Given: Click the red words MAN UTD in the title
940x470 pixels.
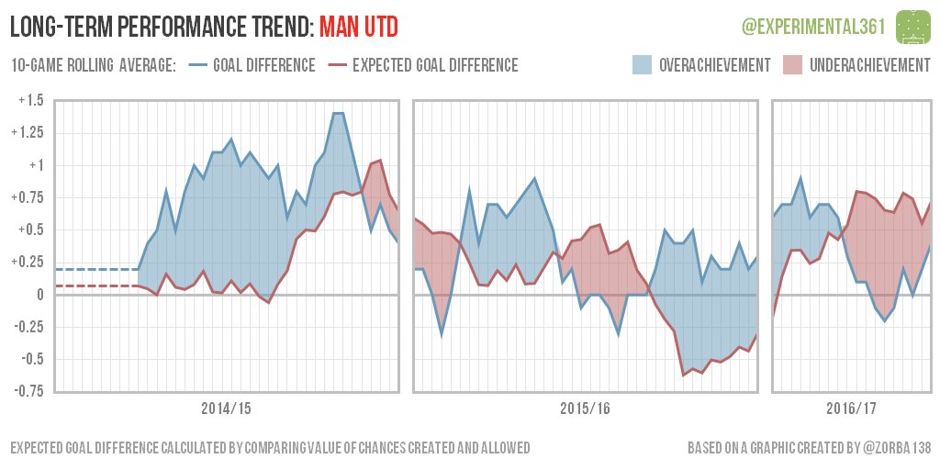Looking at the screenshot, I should coord(359,28).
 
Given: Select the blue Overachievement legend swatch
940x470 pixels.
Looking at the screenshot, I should coord(642,65).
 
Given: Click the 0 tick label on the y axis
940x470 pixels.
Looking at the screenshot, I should coord(39,295).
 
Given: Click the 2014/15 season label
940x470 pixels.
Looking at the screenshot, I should coord(226,408).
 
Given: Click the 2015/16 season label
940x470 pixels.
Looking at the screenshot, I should coord(585,408).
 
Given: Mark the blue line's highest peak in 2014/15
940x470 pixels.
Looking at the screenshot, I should coord(337,113).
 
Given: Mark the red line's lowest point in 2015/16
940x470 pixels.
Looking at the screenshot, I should coord(683,375).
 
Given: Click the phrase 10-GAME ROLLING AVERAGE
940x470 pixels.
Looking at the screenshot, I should coord(93,65).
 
